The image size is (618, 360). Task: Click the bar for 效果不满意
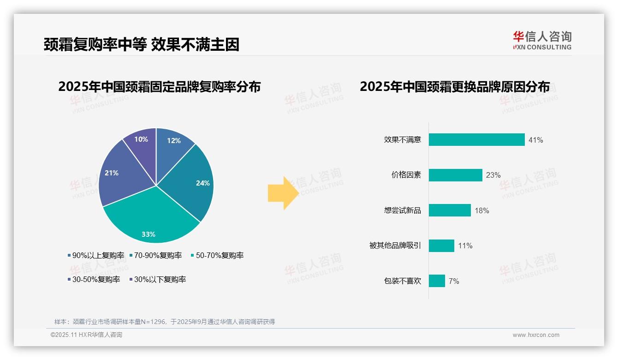tap(476, 140)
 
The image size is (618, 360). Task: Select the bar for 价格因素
tap(455, 175)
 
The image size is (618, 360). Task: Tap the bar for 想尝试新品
tap(450, 210)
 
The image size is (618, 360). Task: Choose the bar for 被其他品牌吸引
tap(441, 246)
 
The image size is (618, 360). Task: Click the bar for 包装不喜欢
tap(437, 281)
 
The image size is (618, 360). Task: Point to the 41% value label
tap(535, 140)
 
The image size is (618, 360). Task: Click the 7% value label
tap(454, 281)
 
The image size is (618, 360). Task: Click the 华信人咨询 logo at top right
tap(542, 41)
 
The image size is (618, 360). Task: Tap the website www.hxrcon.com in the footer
tap(536, 335)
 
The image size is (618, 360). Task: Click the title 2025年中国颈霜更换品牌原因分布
tap(454, 87)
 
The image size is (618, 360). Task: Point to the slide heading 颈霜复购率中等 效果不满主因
tap(142, 45)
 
